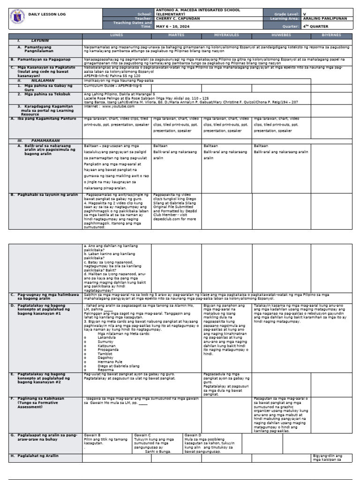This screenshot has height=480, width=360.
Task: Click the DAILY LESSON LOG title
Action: tap(47, 15)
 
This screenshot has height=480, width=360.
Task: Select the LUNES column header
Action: tap(116, 35)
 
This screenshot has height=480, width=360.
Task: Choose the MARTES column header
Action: tap(176, 35)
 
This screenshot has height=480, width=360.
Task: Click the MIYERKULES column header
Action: tap(227, 35)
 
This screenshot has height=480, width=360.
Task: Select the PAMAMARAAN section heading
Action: tap(39, 141)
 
